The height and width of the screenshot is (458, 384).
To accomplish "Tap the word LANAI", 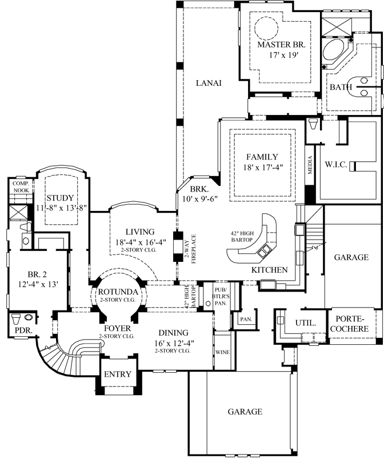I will click(209, 83).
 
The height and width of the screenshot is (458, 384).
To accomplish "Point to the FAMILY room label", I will click(262, 157).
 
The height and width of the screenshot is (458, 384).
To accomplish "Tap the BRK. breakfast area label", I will click(200, 189).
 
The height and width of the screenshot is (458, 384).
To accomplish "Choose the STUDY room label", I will click(60, 198).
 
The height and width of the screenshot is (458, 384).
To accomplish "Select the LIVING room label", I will click(140, 232).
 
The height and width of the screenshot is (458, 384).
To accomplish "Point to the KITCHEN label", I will click(269, 269).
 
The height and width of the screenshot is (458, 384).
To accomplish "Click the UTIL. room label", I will click(306, 323).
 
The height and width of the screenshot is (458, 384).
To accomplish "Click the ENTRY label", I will click(117, 375).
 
